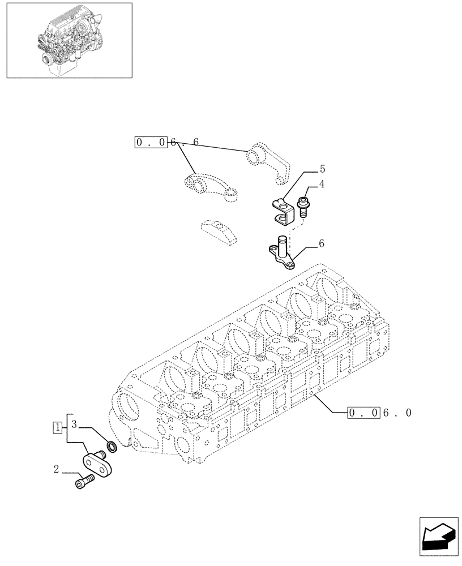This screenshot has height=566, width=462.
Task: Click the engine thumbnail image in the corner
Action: pos(69,40)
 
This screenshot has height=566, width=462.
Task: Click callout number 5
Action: pos(322,169)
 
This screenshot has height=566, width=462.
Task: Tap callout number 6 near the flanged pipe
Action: pos(322,244)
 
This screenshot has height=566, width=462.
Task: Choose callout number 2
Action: pos(57,469)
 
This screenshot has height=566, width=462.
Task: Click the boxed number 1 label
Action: pos(57,427)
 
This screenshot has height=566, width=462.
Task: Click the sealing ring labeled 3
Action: pos(112,448)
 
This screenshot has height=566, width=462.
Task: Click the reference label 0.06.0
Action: pos(380,413)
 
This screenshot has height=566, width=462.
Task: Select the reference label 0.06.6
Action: pos(167,142)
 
